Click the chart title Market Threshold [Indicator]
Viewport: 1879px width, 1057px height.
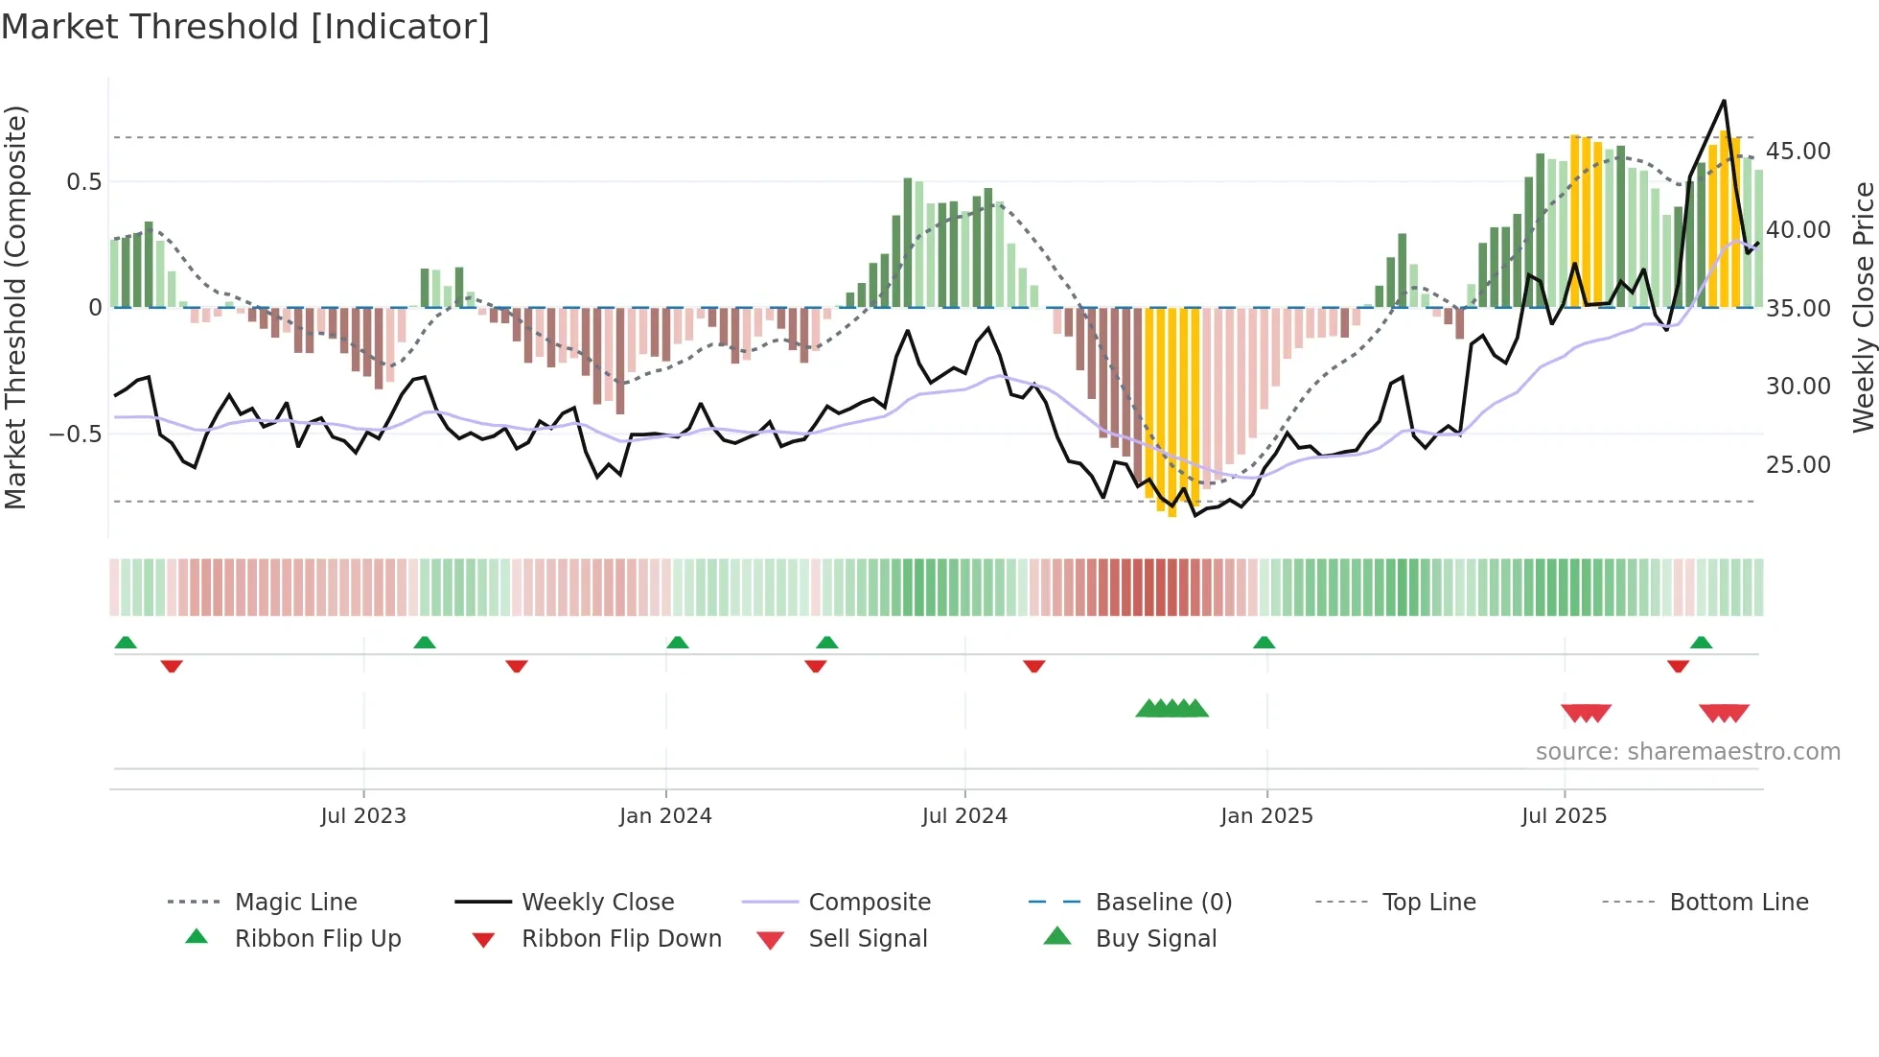click(x=245, y=27)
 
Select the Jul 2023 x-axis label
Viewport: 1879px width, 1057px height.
click(x=363, y=816)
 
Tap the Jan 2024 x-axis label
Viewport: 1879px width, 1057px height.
click(x=665, y=816)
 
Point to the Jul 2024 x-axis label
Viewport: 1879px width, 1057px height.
click(x=964, y=816)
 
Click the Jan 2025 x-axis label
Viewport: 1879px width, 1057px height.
click(x=1266, y=816)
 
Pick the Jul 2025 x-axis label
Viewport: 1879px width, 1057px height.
click(x=1564, y=816)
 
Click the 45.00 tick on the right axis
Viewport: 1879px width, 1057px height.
click(x=1798, y=152)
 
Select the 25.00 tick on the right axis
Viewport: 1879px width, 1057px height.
click(x=1798, y=465)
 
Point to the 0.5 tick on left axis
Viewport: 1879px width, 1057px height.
click(x=83, y=182)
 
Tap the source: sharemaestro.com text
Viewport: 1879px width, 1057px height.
click(x=1687, y=752)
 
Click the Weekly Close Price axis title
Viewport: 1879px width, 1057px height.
click(x=1863, y=307)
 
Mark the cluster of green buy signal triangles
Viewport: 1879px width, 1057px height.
click(x=1171, y=709)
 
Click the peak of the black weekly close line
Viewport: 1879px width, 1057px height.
click(x=1724, y=101)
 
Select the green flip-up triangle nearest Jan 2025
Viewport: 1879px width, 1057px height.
click(x=1264, y=643)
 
